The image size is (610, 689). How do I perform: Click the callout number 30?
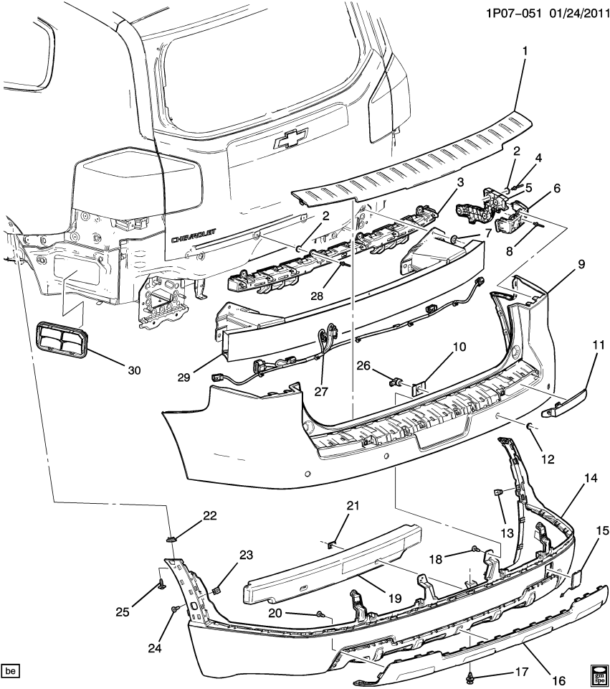pos(134,370)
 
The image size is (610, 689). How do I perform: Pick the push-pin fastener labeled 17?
pos(470,675)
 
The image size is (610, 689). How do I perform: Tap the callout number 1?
pos(525,51)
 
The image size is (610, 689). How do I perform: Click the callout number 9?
pos(581,264)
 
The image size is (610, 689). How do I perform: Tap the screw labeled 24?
pos(174,609)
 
